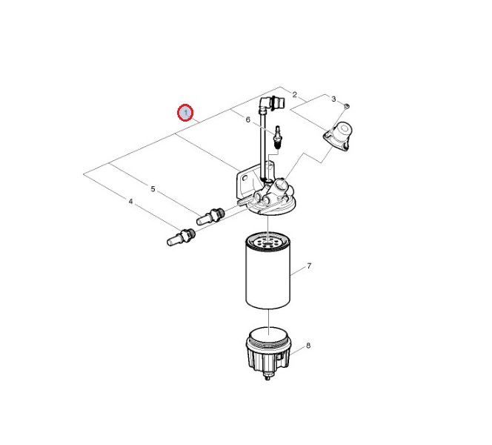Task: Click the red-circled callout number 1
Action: [185, 113]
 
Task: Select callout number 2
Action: [295, 94]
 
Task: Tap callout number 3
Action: [333, 99]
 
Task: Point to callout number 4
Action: [131, 201]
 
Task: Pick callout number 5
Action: [153, 188]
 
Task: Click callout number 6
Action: [248, 119]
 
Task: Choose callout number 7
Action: [309, 266]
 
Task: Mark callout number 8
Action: [308, 346]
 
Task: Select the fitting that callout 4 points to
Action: [182, 237]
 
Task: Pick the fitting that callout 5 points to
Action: [210, 215]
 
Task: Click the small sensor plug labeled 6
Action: [278, 137]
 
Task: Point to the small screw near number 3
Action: [347, 106]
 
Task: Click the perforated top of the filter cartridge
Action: [267, 241]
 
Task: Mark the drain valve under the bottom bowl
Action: [267, 376]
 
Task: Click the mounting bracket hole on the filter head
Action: [245, 178]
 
